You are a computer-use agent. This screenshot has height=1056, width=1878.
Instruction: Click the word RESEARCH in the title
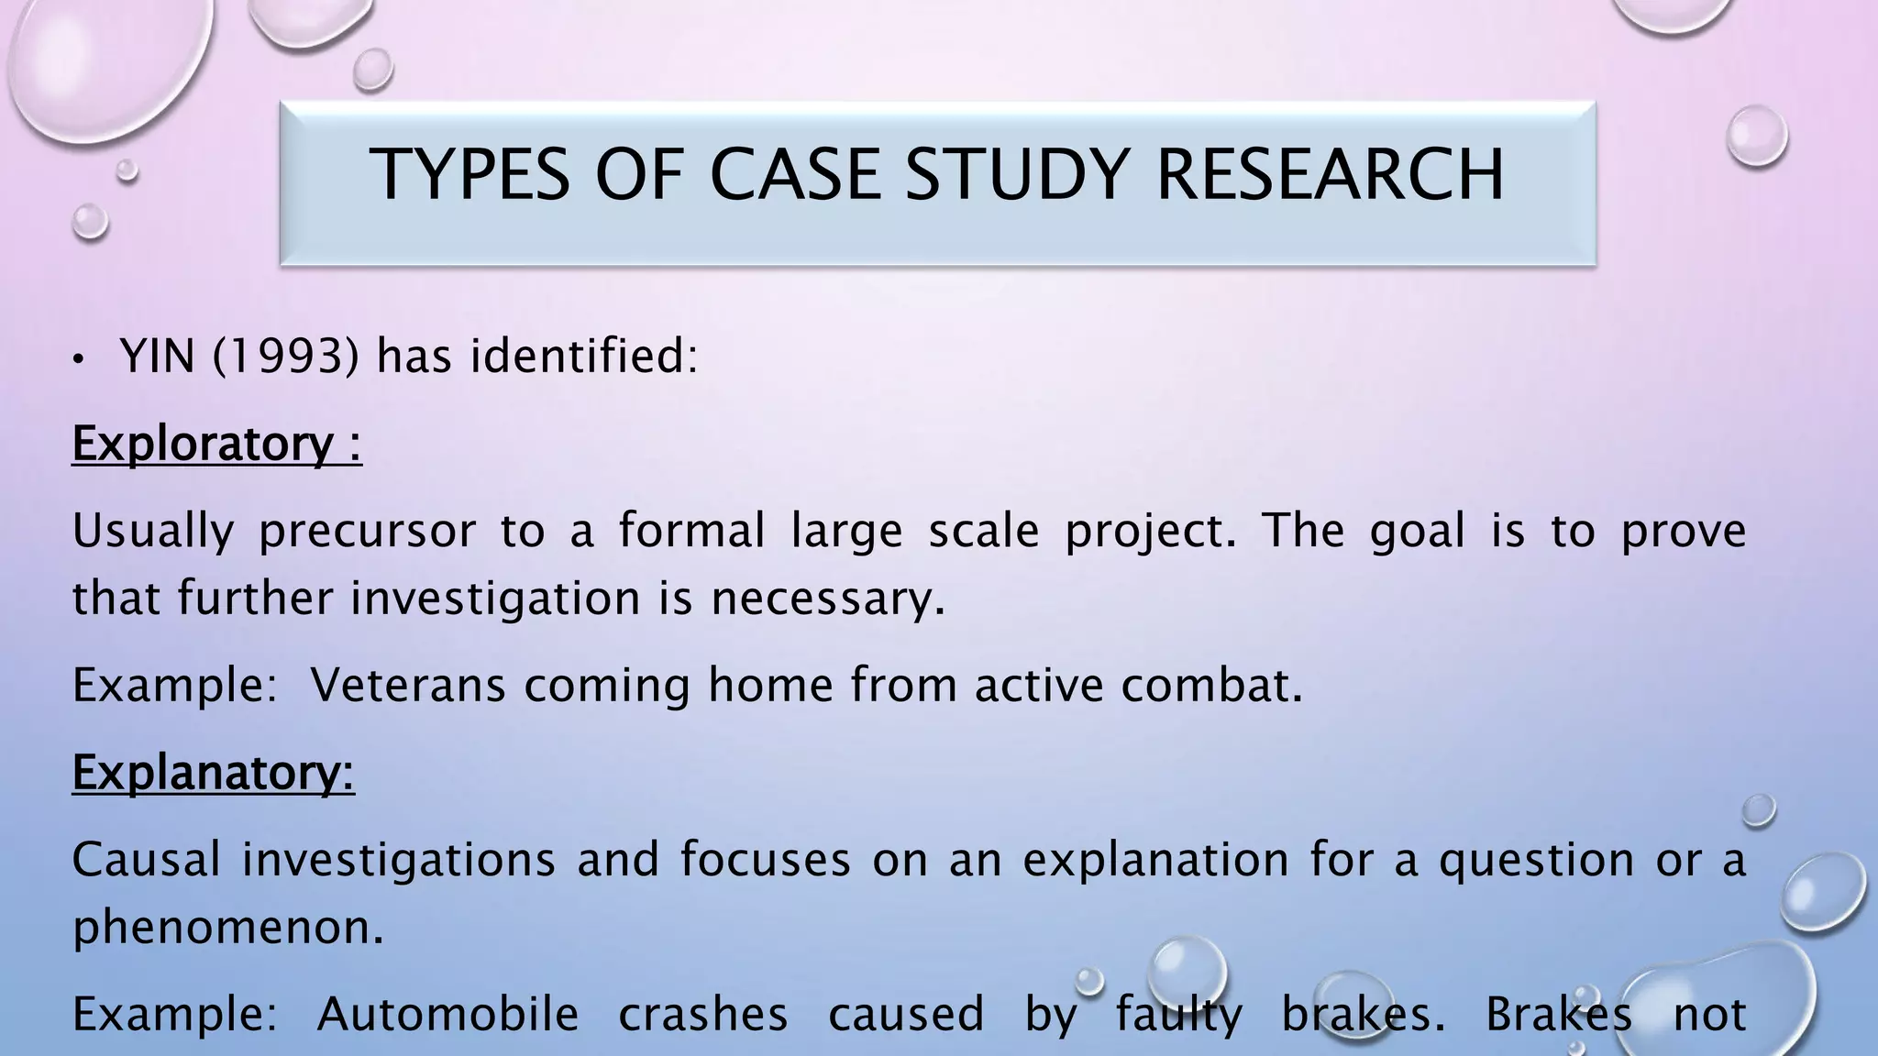(1330, 174)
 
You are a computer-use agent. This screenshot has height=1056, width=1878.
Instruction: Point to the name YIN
(157, 356)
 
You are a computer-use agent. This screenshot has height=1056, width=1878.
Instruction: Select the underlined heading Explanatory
(213, 772)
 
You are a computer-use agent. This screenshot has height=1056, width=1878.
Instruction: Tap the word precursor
(367, 531)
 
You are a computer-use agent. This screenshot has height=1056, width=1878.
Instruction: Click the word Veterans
(407, 686)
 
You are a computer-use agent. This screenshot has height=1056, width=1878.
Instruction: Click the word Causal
(146, 860)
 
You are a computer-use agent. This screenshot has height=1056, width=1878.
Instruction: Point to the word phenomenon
(227, 928)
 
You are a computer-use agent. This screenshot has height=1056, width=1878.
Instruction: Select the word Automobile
(447, 1014)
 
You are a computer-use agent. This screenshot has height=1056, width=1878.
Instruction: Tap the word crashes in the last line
(702, 1014)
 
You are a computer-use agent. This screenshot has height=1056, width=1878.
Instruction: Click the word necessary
(827, 599)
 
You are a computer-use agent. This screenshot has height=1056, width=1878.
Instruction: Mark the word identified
(583, 356)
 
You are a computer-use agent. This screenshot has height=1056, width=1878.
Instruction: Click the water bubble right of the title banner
(1756, 136)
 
